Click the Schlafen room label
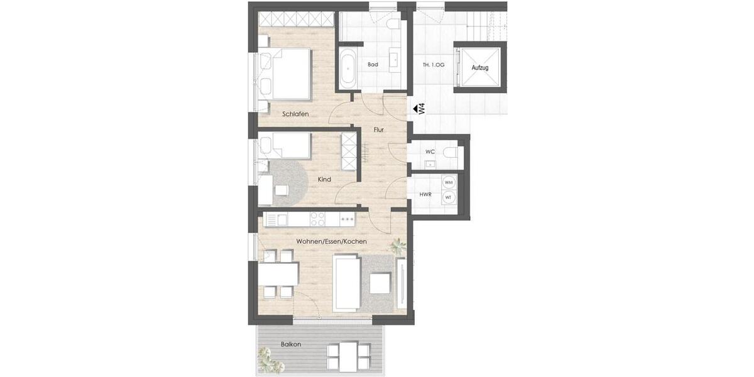tap(295, 114)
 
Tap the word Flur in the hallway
tap(378, 130)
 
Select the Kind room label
tap(324, 180)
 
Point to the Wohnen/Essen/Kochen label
tap(332, 241)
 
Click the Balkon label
tap(291, 344)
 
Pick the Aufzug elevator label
tap(480, 67)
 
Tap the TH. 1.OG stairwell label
tap(433, 65)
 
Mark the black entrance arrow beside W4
tap(415, 109)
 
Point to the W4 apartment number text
tap(422, 108)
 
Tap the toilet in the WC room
tap(449, 153)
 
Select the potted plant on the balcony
tap(270, 361)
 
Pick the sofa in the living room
tap(346, 283)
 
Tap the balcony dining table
tap(343, 356)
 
